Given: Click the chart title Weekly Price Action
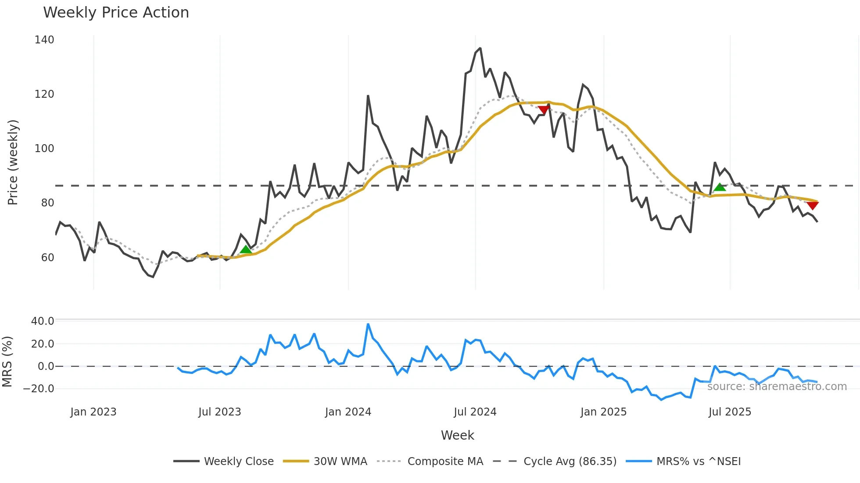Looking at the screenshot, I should point(116,13).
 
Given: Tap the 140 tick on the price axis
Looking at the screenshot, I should point(44,40).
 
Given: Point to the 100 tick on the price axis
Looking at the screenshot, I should point(44,149).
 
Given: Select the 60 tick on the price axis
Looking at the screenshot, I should point(47,258).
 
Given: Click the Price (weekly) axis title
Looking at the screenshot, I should point(13,162).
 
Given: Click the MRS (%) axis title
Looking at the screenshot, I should point(7,362).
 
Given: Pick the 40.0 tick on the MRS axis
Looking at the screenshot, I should point(43,321).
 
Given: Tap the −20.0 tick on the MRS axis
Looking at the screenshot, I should point(39,389).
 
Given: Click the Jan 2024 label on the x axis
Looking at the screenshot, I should point(348,412).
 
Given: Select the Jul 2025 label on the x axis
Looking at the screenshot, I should point(730,412).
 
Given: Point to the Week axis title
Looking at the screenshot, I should point(457,435).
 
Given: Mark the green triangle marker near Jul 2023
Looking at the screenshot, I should point(246,250).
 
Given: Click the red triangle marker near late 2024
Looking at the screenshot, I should point(544,110).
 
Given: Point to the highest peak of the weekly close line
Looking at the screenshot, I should point(480,48).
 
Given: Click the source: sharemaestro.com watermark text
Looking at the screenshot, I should point(777,387).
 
